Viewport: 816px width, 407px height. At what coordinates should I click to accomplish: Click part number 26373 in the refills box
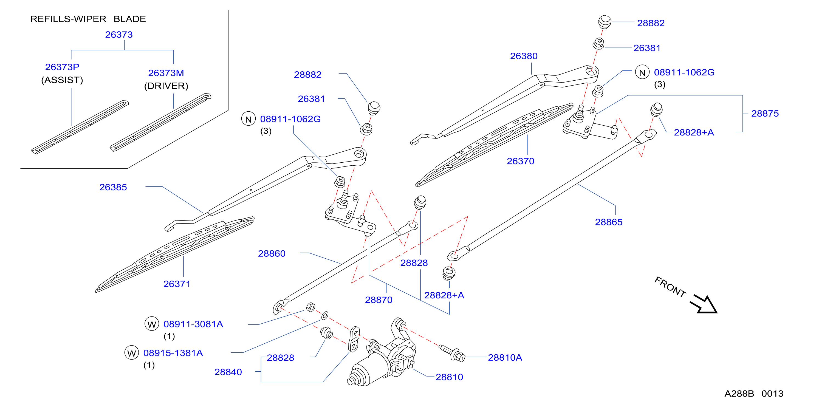click(119, 35)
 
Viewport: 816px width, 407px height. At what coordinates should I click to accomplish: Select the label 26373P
click(62, 67)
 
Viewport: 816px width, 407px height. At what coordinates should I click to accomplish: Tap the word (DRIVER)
click(166, 86)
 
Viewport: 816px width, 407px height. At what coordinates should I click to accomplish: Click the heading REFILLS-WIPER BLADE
click(88, 19)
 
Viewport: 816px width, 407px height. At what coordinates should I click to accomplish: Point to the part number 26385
click(113, 187)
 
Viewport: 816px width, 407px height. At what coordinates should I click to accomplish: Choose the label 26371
click(177, 284)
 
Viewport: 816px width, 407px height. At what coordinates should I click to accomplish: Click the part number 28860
click(272, 253)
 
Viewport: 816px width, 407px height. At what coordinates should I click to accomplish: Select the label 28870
click(379, 300)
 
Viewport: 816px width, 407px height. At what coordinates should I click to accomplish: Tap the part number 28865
click(609, 222)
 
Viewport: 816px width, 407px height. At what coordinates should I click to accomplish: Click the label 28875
click(765, 113)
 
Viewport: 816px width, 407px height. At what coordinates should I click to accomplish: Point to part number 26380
click(524, 56)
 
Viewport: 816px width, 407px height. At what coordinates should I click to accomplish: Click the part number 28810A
click(505, 358)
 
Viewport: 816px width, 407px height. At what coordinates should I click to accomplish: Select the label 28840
click(228, 372)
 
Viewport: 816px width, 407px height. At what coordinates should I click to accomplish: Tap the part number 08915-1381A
click(173, 353)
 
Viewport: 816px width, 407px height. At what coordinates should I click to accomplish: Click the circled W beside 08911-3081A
click(152, 324)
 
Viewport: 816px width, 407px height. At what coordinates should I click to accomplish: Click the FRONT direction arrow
click(704, 304)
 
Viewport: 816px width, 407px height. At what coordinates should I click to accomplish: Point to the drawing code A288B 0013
click(754, 394)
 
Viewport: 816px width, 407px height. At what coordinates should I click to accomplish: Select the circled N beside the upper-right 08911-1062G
click(642, 72)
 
